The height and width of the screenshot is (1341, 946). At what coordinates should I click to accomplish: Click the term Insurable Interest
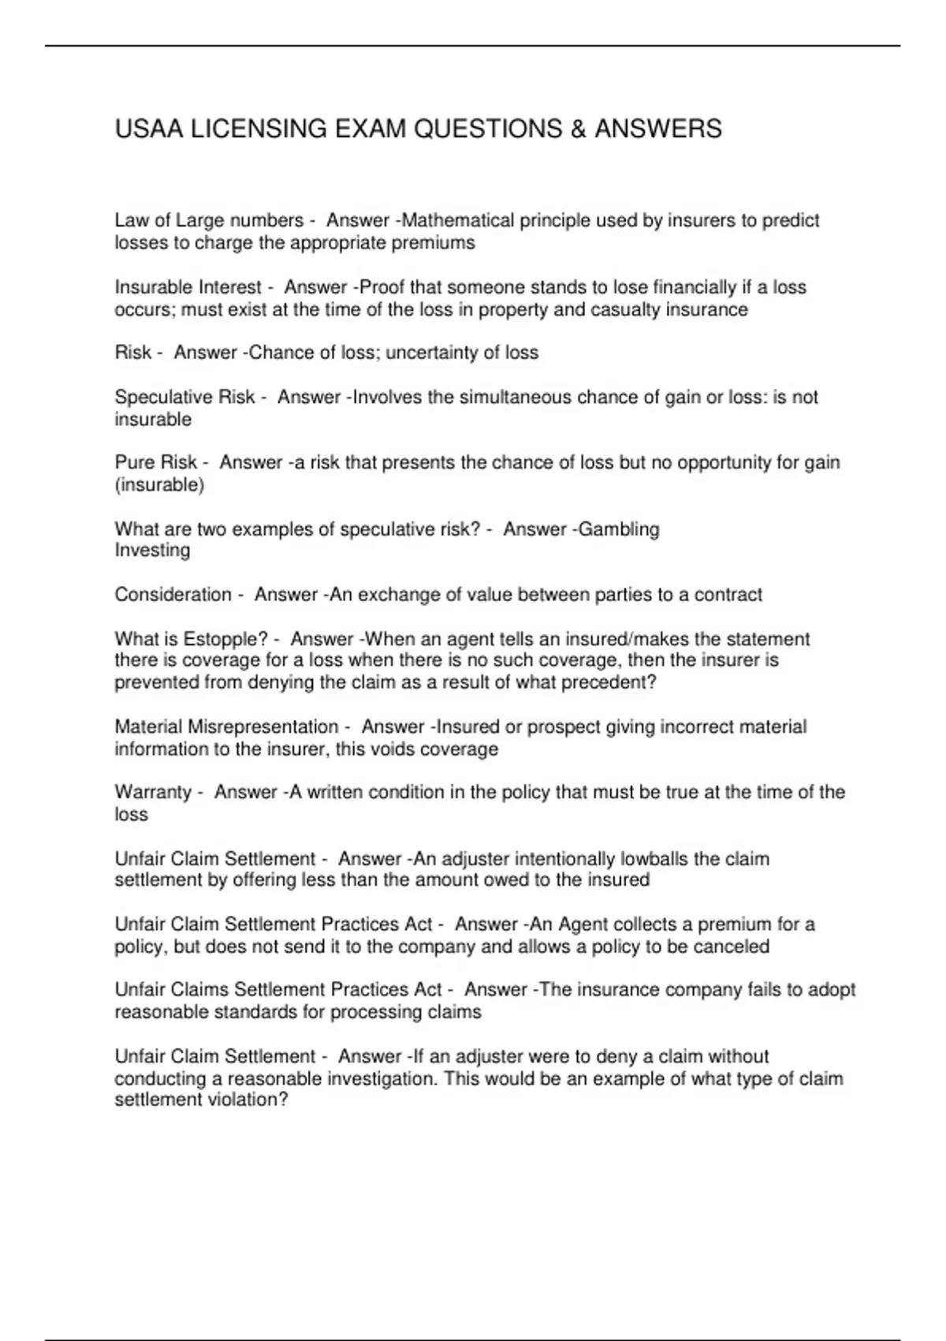188,287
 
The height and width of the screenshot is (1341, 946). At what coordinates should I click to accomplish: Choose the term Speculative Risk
184,397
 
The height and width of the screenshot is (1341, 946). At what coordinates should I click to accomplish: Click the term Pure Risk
155,462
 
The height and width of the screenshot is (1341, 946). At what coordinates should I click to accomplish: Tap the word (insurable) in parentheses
159,484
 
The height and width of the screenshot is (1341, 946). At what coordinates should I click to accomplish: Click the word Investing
152,550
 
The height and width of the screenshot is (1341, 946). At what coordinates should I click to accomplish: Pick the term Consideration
173,594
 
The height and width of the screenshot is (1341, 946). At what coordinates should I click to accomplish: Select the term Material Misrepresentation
226,727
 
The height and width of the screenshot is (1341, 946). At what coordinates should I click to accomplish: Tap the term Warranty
153,792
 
